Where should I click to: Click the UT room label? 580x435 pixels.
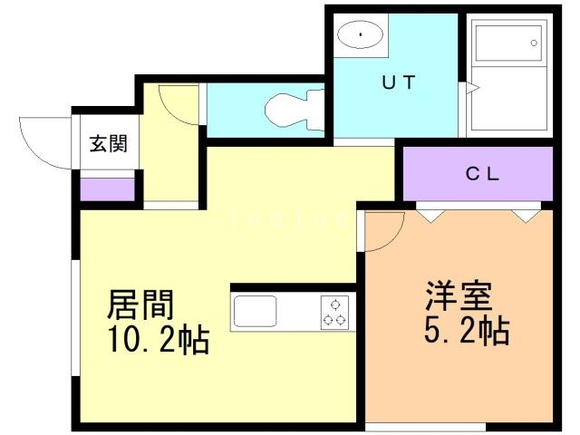[398, 83]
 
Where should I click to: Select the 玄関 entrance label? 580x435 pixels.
[107, 142]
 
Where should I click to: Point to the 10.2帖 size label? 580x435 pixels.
[159, 341]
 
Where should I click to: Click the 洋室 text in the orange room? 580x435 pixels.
[459, 296]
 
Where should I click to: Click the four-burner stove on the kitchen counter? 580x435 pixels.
[333, 312]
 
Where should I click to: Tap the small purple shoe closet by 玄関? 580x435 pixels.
[106, 189]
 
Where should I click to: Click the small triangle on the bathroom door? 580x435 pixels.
[470, 88]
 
